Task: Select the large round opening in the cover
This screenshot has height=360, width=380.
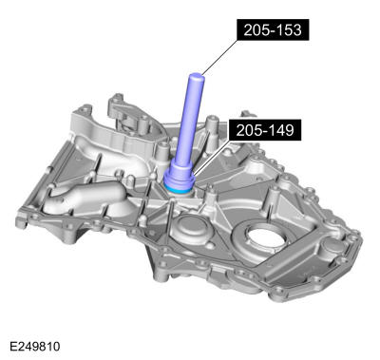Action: click(263, 238)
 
